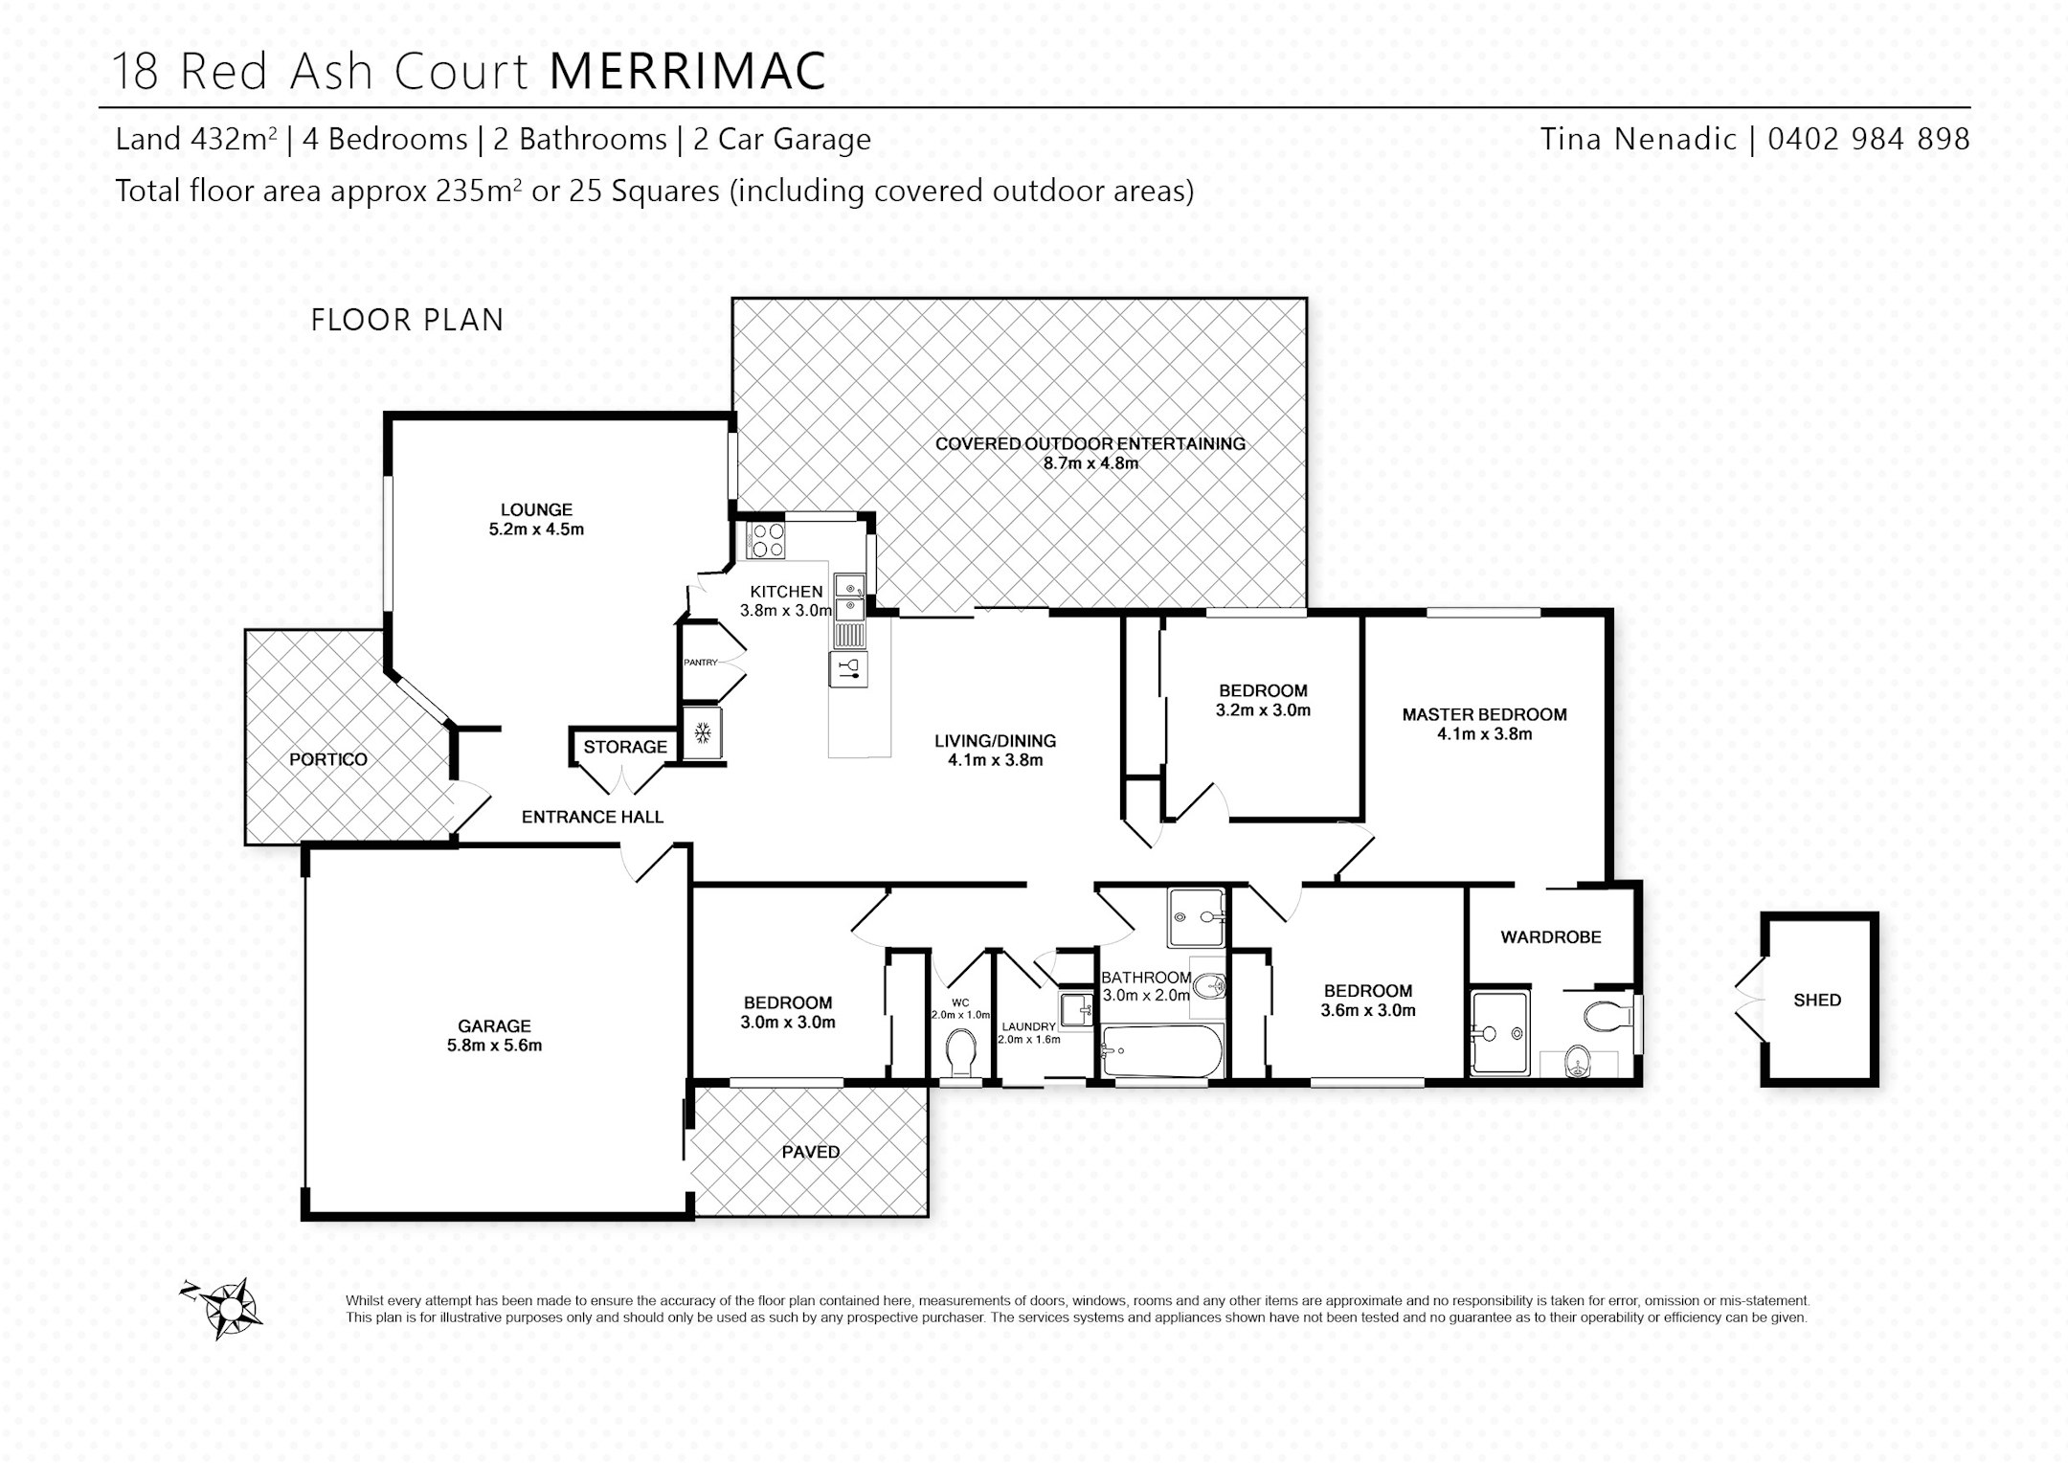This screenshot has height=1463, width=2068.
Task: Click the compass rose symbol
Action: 225,1306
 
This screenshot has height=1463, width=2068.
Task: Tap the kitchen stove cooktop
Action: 765,540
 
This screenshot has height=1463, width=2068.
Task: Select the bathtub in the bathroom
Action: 1162,1052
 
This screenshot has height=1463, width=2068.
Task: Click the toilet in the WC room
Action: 959,1053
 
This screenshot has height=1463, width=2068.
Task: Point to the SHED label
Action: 1817,1001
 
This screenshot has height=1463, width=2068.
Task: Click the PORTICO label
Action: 328,760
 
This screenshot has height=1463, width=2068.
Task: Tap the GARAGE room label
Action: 494,1026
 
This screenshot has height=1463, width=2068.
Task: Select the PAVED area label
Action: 811,1153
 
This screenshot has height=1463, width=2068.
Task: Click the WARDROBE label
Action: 1551,937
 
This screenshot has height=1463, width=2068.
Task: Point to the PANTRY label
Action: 701,663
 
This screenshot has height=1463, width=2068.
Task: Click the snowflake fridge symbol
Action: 703,733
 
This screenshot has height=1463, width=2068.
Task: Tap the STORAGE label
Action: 625,747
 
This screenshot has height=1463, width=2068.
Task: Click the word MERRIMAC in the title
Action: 688,71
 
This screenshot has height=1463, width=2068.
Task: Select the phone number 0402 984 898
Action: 1869,140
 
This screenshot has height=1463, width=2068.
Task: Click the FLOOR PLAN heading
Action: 408,320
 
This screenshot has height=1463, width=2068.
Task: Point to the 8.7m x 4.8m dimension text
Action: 1090,463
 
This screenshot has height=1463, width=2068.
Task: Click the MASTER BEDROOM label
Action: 1485,714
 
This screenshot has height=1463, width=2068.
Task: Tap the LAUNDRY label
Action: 1028,1026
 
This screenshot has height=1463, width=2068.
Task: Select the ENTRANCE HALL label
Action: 593,817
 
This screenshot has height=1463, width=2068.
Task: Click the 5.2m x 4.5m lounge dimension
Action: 536,529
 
